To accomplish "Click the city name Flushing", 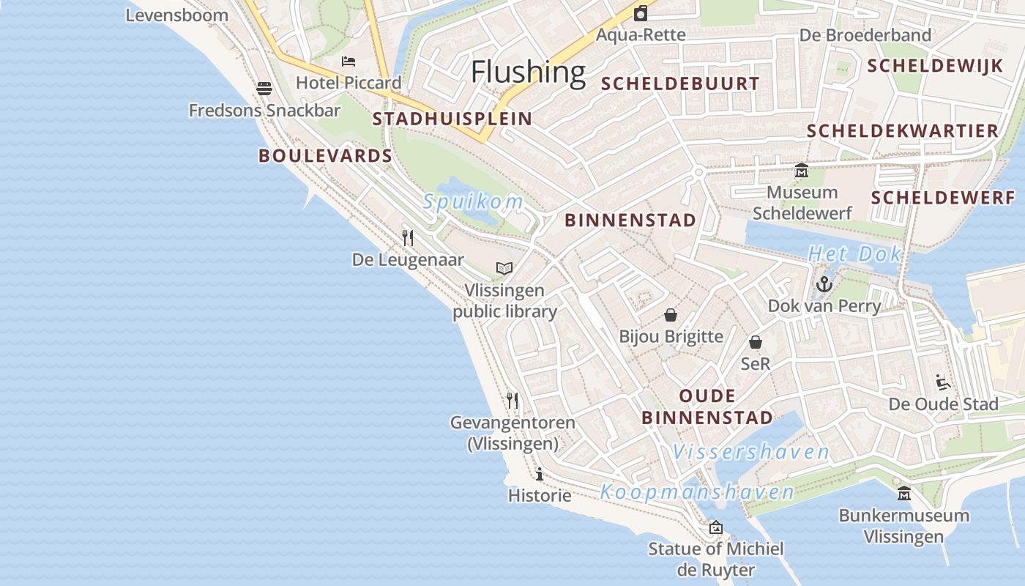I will (x=528, y=72).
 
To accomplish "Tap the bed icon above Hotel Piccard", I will (x=348, y=62).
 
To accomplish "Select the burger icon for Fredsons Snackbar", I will (x=264, y=89).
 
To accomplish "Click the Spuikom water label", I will (x=473, y=201).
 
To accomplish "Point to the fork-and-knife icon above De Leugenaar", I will (x=408, y=237).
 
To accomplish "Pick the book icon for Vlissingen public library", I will (x=504, y=269).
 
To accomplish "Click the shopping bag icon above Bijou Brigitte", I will (x=671, y=315).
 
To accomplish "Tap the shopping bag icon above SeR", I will (x=756, y=342).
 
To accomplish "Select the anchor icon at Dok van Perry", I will (x=824, y=283).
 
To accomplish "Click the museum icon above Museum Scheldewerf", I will (x=802, y=171).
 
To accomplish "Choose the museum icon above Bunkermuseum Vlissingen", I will (x=903, y=493).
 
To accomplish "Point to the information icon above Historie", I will (x=540, y=474).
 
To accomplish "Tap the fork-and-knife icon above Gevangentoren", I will (x=512, y=400).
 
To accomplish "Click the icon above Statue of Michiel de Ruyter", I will (x=715, y=527).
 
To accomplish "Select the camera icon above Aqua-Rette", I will (x=641, y=13).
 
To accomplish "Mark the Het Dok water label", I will (x=854, y=254).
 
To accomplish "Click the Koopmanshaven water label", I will (x=697, y=492).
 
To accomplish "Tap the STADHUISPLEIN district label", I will (x=452, y=119).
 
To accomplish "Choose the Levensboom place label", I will (x=177, y=15).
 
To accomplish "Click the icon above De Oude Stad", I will (x=943, y=382).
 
